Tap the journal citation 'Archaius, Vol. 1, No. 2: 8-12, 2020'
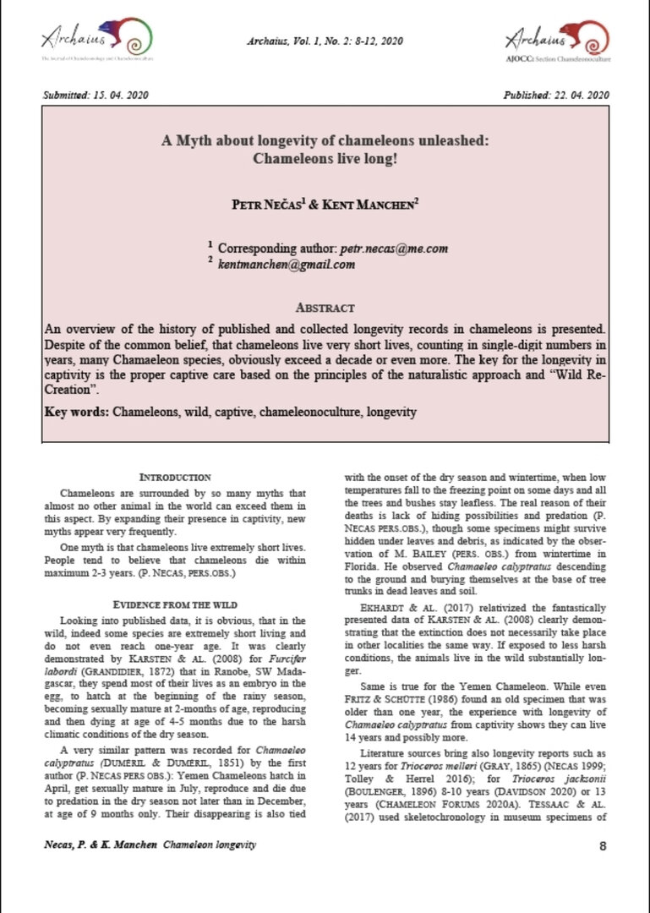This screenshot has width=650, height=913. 325,41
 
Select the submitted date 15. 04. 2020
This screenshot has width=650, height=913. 123,95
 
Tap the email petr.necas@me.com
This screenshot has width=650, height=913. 393,249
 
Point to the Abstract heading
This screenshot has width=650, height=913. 325,308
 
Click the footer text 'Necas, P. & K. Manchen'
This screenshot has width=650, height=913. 100,845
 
